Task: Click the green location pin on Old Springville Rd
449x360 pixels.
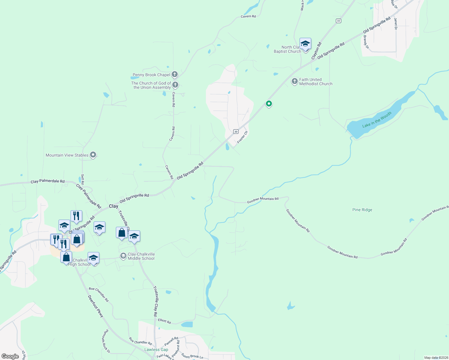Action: [269, 104]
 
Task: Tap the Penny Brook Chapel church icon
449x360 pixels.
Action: [175, 74]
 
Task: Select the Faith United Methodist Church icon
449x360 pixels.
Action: [295, 81]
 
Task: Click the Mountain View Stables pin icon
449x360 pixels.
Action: [93, 155]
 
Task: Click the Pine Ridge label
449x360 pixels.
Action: [362, 210]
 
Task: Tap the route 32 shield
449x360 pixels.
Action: [339, 21]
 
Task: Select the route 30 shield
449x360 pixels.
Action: [236, 132]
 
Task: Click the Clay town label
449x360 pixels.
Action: [113, 206]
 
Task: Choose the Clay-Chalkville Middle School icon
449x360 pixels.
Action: [123, 256]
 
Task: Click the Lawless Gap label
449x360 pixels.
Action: [156, 349]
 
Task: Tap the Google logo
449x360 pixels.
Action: [10, 356]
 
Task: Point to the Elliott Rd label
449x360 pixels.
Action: [164, 321]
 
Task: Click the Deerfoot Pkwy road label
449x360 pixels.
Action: [96, 306]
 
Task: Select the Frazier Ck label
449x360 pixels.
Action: [243, 137]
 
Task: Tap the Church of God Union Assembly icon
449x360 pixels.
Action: [175, 85]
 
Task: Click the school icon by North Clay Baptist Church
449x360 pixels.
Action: [305, 44]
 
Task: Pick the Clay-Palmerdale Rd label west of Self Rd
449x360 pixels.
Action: [47, 181]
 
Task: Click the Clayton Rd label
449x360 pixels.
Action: [316, 50]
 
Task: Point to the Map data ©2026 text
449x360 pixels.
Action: [436, 358]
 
